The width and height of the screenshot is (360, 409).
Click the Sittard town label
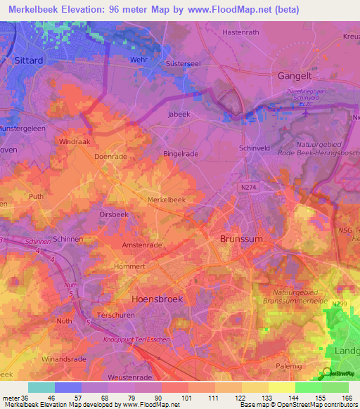[28, 60]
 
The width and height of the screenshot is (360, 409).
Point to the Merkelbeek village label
[167, 200]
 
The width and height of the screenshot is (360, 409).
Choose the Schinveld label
[255, 149]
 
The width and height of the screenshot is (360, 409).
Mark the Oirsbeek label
[113, 215]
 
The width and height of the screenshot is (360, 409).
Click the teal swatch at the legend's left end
[41, 387]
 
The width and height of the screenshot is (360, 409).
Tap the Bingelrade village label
[181, 152]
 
